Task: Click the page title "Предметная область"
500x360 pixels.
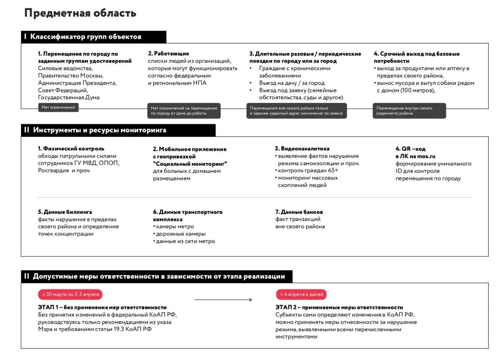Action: coord(80,13)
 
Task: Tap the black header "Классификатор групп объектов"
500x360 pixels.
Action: coord(86,37)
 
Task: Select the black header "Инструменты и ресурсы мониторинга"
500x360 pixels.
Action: coord(100,130)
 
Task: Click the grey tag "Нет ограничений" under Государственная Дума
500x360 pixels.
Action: coord(58,107)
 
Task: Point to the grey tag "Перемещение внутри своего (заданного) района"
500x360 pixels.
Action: coord(409,111)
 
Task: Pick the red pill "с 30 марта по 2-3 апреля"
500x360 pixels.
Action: coord(70,294)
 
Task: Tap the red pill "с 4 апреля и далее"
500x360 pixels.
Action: coord(301,294)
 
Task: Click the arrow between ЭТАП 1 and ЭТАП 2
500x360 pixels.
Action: coord(223,300)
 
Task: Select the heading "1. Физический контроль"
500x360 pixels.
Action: coord(71,149)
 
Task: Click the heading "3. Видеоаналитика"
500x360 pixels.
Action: coord(302,149)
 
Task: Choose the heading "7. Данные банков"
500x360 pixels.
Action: coord(299,212)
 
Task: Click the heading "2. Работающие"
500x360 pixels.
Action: coord(168,54)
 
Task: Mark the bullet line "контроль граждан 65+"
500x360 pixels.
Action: coord(308,170)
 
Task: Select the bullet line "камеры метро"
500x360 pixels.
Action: coord(175,227)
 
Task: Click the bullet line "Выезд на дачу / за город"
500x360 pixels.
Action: coord(292,83)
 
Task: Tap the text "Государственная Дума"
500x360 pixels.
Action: coord(69,97)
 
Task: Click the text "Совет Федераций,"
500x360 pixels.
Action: coord(63,90)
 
